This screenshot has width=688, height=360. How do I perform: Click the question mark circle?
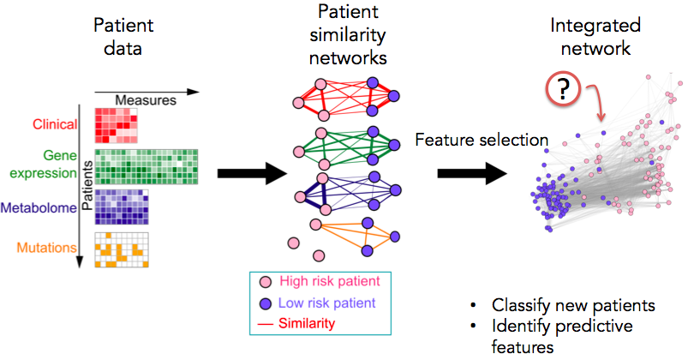coord(560,91)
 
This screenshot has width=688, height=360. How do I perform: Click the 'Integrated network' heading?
coord(590,38)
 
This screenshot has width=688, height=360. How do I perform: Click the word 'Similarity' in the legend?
coord(306,323)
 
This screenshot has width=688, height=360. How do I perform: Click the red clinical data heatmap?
coord(116,126)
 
